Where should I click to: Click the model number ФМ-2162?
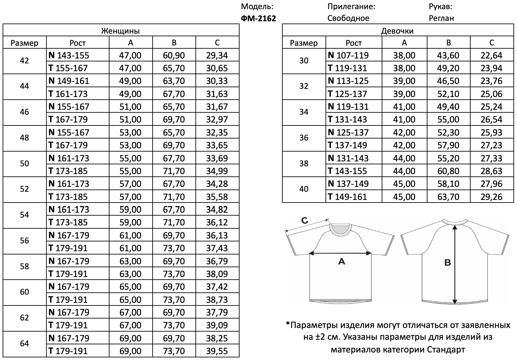coord(258,18)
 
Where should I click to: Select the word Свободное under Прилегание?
coord(348,18)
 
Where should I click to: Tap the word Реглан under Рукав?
coord(441,18)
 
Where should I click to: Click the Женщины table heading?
coord(121,31)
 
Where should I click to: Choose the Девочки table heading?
coord(397,31)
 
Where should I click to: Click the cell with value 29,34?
coord(217,55)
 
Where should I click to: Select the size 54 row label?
coord(25,215)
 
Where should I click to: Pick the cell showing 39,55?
coord(217,351)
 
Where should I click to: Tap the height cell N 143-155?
coord(69,55)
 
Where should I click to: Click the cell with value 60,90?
coord(174,55)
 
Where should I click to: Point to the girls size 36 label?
coord(304,138)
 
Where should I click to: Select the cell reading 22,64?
coord(491,55)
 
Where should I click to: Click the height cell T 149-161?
coord(347,197)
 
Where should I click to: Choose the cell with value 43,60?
coord(448,55)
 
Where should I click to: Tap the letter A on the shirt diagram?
coord(341,261)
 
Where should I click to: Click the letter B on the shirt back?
coord(447,262)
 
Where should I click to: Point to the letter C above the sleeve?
coord(305,221)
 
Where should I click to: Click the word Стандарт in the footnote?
coord(446,350)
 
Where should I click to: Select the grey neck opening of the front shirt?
coord(340,229)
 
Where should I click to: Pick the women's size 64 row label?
coord(25,344)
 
